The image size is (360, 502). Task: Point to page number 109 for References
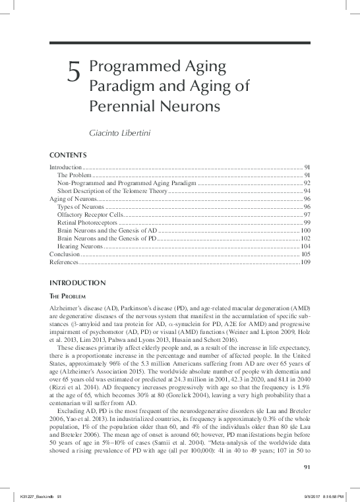pos(305,262)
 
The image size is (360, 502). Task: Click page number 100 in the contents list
pos(305,230)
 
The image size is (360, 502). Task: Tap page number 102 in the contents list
pos(305,238)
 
